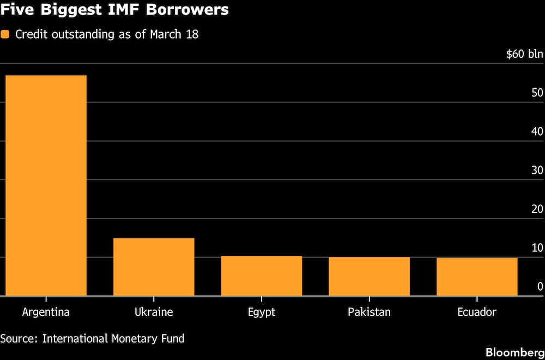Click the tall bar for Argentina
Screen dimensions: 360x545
(x=46, y=185)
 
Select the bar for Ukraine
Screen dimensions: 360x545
(x=154, y=267)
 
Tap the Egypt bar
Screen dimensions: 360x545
(x=261, y=276)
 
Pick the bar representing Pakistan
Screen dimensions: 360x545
(x=369, y=276)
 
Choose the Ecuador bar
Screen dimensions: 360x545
(x=477, y=277)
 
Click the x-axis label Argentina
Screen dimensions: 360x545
(x=46, y=312)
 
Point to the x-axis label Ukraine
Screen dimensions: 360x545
(x=154, y=312)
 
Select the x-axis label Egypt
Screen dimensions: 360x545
(x=261, y=313)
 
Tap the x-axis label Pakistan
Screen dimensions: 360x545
(x=369, y=312)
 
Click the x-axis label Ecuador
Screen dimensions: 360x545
(x=477, y=312)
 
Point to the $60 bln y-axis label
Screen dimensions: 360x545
(x=524, y=54)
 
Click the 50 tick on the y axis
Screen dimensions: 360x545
(x=537, y=93)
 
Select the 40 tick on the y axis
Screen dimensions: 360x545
(x=537, y=131)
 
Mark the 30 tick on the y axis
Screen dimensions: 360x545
(x=537, y=170)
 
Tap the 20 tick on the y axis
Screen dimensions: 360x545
(x=537, y=209)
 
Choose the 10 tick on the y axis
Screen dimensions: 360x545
(x=537, y=248)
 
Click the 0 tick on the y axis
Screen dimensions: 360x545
(x=540, y=286)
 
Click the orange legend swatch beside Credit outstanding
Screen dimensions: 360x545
(x=5, y=34)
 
